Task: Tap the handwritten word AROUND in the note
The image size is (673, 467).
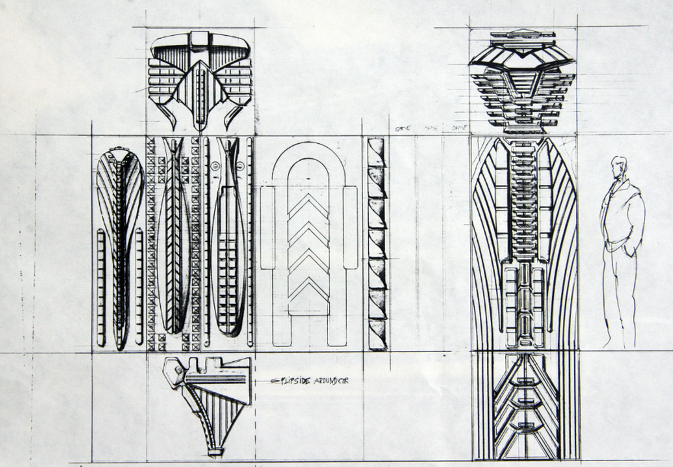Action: (322, 381)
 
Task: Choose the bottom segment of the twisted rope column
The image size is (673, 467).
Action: (377, 335)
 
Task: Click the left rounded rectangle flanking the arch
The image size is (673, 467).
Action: (266, 228)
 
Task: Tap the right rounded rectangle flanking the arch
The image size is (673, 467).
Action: (350, 228)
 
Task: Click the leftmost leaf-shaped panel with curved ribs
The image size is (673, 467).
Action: (119, 246)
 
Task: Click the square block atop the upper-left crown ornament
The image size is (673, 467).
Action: (199, 38)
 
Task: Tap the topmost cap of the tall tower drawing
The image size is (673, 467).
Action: (522, 34)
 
